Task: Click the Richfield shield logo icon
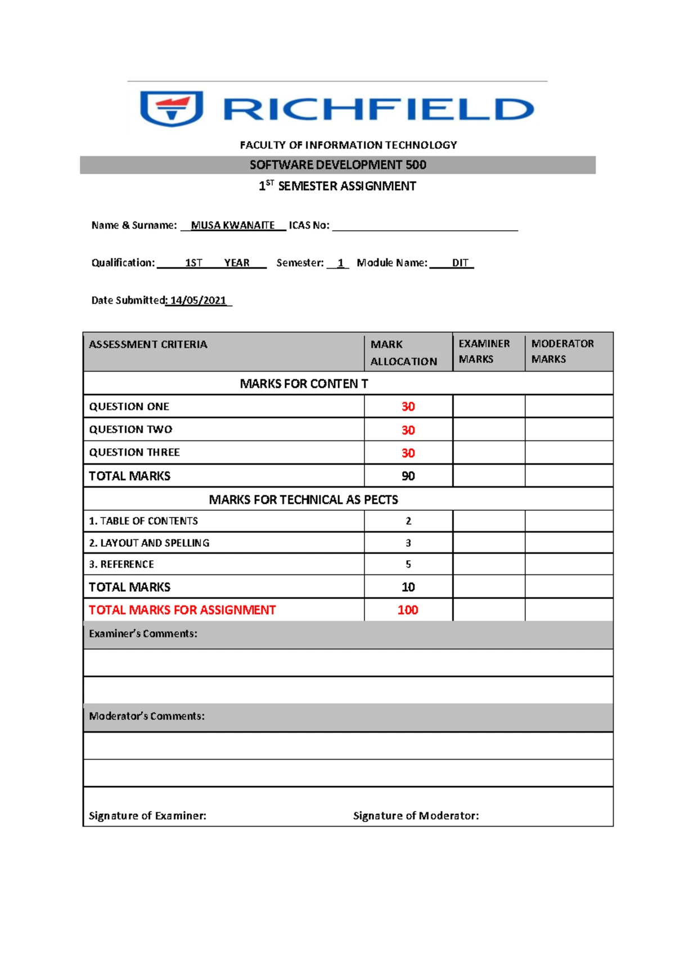(172, 109)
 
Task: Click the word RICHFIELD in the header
(378, 109)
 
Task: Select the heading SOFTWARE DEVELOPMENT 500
(337, 165)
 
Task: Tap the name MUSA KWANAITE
(233, 225)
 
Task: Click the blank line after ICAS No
(425, 226)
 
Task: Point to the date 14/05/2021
(198, 300)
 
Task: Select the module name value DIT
(460, 263)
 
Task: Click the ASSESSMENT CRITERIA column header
(148, 344)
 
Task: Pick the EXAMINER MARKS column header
(484, 351)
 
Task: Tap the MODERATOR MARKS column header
(562, 351)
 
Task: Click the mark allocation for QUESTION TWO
(408, 430)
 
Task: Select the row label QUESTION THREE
(134, 452)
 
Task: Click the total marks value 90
(408, 476)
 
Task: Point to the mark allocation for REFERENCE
(408, 564)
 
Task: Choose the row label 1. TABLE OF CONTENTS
(143, 521)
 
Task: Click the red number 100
(408, 610)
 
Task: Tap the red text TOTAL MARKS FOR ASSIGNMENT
(182, 610)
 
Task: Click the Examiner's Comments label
(143, 633)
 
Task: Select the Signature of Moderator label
(416, 815)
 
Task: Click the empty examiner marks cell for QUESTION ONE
(488, 406)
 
